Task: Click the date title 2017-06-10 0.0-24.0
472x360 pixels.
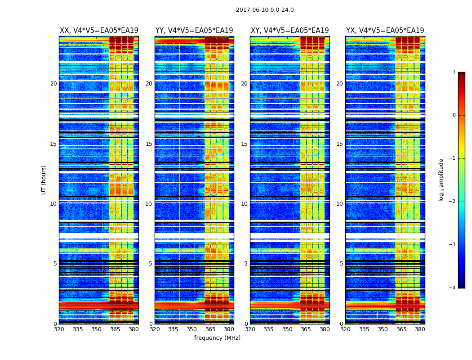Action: coord(265,10)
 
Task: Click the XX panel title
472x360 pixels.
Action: coord(99,31)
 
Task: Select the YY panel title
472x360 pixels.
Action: coord(194,31)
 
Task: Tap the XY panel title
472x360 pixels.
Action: coord(289,31)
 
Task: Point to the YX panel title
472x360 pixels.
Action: coord(385,31)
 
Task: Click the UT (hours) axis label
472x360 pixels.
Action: coord(44,180)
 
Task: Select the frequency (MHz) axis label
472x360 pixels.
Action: coord(217,338)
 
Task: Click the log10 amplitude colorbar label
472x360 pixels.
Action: coord(441,180)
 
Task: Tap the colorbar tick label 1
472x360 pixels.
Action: coord(454,72)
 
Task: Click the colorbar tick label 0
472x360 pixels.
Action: coord(454,115)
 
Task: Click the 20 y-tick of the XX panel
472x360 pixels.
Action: coord(53,84)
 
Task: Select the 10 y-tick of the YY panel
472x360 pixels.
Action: coord(149,204)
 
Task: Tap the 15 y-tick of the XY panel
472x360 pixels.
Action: coord(244,144)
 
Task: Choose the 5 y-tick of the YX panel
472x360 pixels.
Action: coord(342,264)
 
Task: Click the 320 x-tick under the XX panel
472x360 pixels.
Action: coord(59,329)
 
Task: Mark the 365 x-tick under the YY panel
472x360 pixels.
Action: coord(210,329)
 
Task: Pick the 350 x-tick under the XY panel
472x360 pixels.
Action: coord(287,329)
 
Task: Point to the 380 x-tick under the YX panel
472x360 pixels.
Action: coord(420,329)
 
